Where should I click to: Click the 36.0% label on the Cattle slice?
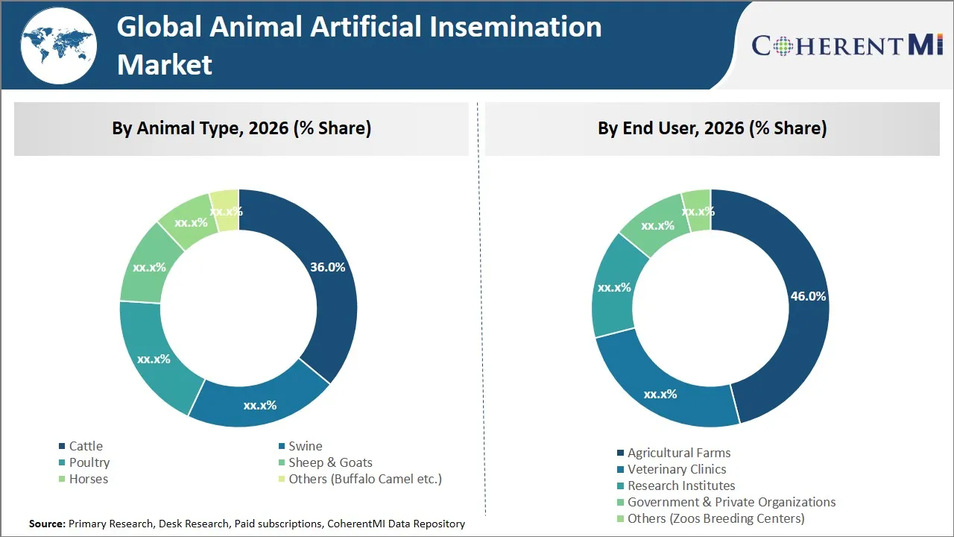coord(327,267)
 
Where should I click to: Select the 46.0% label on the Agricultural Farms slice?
coord(808,296)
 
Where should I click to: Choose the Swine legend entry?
coord(305,446)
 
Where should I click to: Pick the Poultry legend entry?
coord(89,462)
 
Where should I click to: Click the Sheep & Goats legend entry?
coord(329,462)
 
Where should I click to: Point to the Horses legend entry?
coord(88,479)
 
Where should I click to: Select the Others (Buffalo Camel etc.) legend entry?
coord(364,479)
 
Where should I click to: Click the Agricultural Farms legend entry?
coord(678,453)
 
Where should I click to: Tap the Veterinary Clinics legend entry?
coord(676,469)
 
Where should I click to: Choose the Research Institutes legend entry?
coord(680,486)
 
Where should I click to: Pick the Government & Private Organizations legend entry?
coord(731,502)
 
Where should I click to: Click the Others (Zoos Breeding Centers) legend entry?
coord(715,518)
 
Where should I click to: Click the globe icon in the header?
coord(58,45)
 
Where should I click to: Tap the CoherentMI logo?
coord(847,45)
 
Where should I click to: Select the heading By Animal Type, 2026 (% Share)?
coord(241,128)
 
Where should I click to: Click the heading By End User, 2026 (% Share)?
coord(712,128)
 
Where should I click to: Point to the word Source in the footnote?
coord(47,524)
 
